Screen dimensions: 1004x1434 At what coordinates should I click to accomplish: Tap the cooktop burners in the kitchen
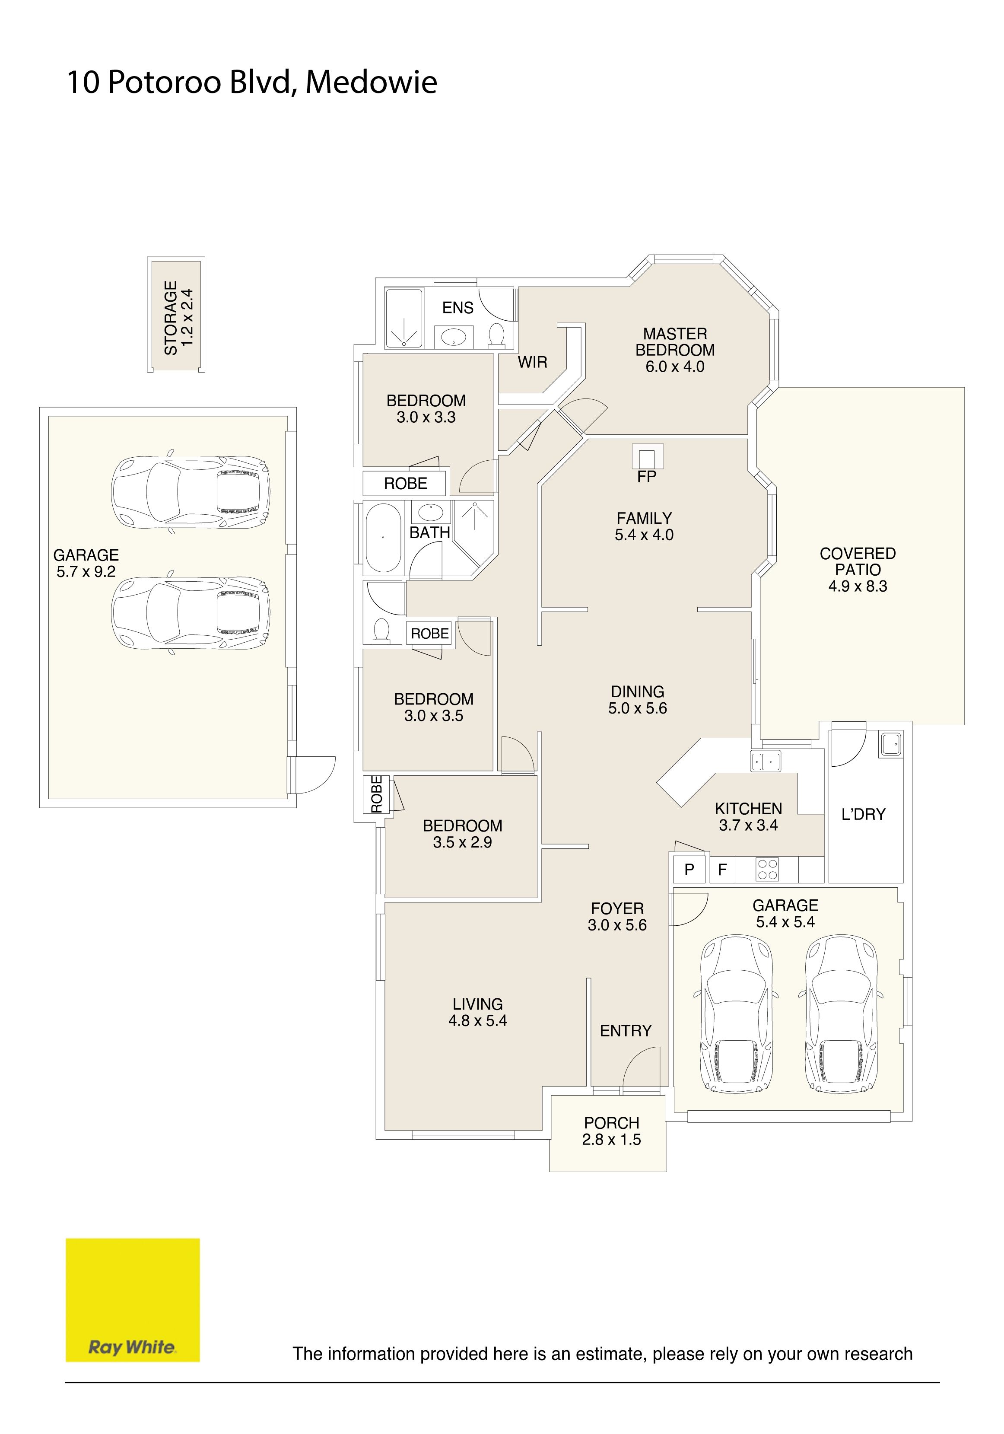click(x=767, y=870)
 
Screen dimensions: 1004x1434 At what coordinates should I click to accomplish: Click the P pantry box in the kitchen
click(x=689, y=870)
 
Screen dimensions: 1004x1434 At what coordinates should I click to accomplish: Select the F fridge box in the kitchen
click(x=722, y=870)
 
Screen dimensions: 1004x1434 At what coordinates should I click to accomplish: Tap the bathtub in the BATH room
click(x=383, y=538)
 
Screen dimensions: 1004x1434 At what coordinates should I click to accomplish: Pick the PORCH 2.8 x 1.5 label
click(x=612, y=1131)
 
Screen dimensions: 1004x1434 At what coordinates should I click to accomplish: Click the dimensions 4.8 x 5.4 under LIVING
click(x=478, y=1020)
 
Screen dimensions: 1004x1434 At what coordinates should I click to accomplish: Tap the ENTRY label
click(x=626, y=1030)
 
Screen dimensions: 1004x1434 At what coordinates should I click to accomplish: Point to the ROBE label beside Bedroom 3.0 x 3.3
click(x=406, y=484)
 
